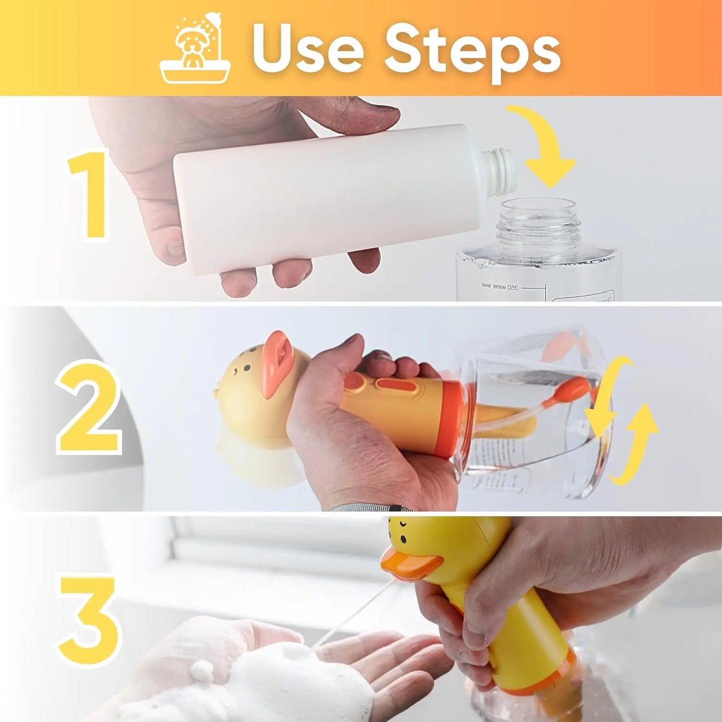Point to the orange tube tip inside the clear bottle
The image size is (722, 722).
point(575,387)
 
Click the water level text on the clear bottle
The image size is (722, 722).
point(500,286)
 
